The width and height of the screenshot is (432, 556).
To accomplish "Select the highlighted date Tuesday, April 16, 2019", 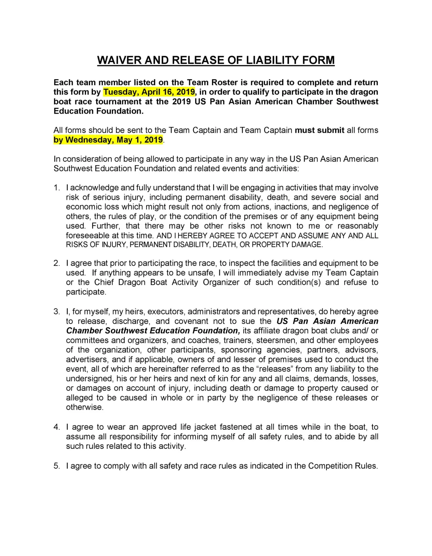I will (x=149, y=92).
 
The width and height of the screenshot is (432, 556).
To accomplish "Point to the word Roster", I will (x=224, y=82).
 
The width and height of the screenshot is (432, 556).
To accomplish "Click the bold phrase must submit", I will (x=319, y=130).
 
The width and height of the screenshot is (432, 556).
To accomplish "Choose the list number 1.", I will (x=57, y=188).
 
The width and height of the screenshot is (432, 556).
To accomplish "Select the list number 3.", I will (x=57, y=312).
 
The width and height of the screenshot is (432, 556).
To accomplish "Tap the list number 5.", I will (x=57, y=466).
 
